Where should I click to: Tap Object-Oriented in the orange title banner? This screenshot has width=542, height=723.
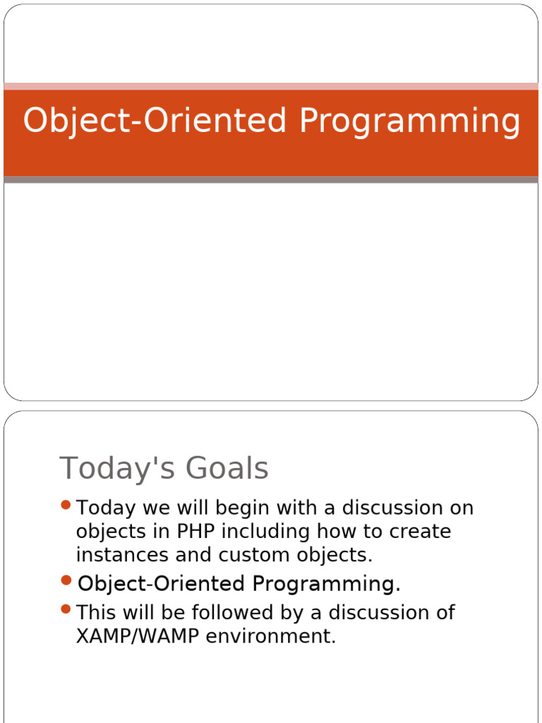[x=155, y=121]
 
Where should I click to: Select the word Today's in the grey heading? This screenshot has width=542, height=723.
[x=118, y=469]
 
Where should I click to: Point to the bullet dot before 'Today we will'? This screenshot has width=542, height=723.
[x=66, y=505]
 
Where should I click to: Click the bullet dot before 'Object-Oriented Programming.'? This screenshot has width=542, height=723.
[x=66, y=580]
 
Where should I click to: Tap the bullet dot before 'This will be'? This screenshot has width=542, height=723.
[x=66, y=609]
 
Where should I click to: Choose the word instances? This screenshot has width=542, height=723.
[x=122, y=555]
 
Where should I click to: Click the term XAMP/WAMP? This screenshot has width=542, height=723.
[x=138, y=637]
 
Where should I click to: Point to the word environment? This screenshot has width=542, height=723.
[x=270, y=637]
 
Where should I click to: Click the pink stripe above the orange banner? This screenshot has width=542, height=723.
[x=271, y=86]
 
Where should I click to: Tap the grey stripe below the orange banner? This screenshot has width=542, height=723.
[x=271, y=180]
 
